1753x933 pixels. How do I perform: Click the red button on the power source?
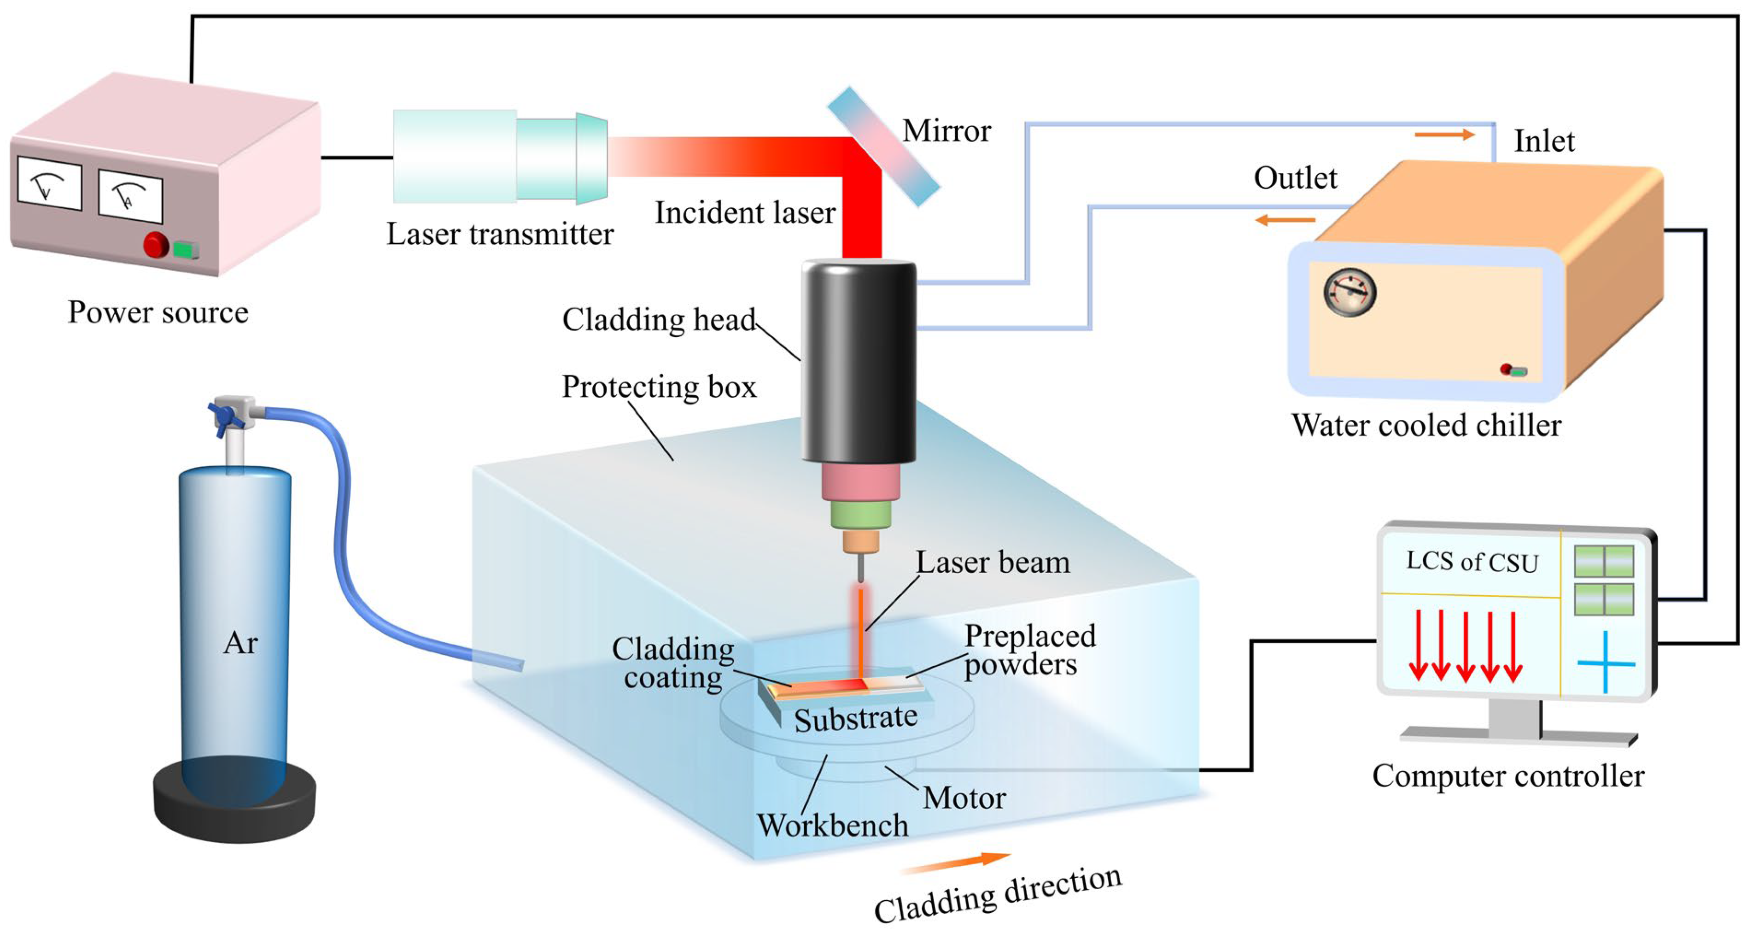click(x=156, y=245)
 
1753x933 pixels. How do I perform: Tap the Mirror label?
click(x=947, y=131)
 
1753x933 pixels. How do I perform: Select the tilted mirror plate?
click(x=883, y=147)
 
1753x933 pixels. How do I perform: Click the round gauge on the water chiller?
click(x=1350, y=293)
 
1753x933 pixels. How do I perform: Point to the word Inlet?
click(x=1544, y=141)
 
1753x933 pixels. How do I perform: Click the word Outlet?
click(x=1295, y=178)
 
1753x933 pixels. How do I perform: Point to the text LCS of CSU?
click(x=1472, y=562)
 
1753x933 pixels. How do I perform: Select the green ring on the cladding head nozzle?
click(x=860, y=515)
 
